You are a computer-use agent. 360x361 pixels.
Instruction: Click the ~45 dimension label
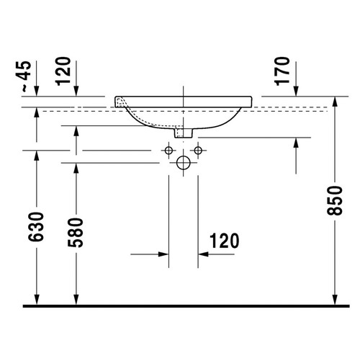26,75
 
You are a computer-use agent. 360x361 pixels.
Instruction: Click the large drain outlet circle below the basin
183,162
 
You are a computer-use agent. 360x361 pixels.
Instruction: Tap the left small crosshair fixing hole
168,151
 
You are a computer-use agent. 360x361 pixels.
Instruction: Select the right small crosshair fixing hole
197,151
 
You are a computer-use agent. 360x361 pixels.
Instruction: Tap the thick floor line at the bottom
180,306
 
